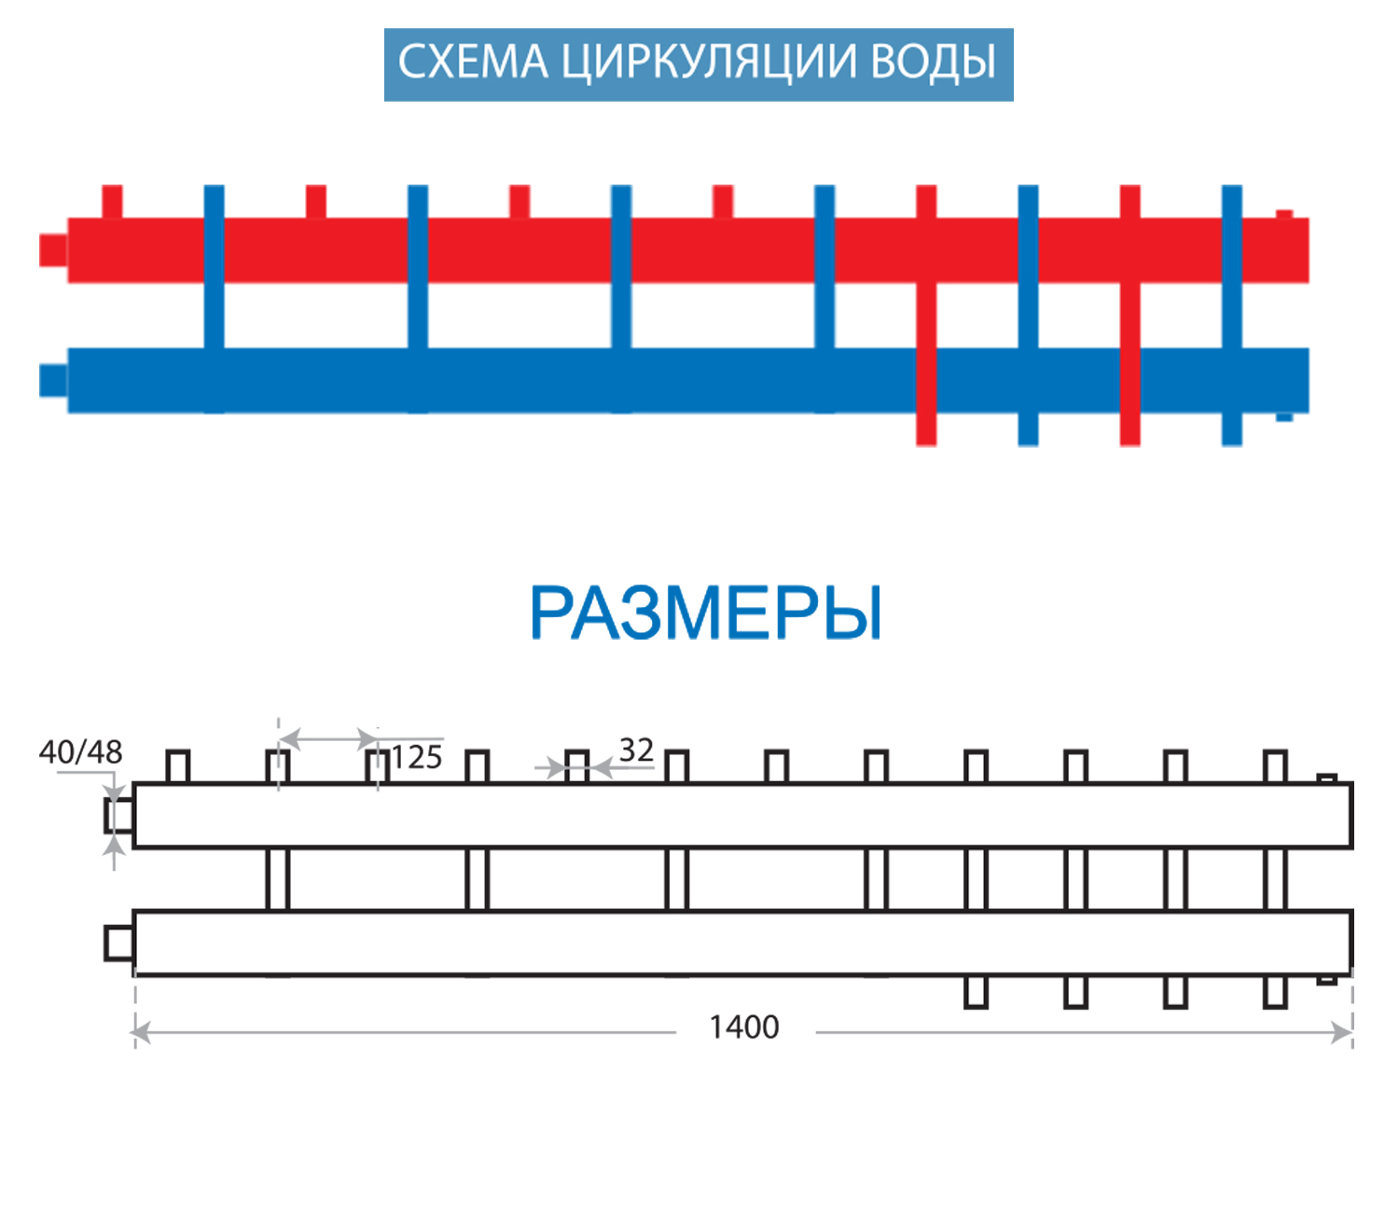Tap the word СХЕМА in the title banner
coord(474,63)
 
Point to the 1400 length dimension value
coord(744,1027)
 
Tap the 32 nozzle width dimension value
coord(636,751)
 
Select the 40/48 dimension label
coord(81,752)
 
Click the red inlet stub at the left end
coord(53,250)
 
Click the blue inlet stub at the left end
coord(53,380)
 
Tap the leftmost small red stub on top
coord(112,201)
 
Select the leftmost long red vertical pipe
coord(926,317)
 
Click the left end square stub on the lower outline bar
coord(118,943)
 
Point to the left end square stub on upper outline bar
coord(118,816)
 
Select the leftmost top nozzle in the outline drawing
coord(178,766)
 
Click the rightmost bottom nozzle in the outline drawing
coord(1275,992)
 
